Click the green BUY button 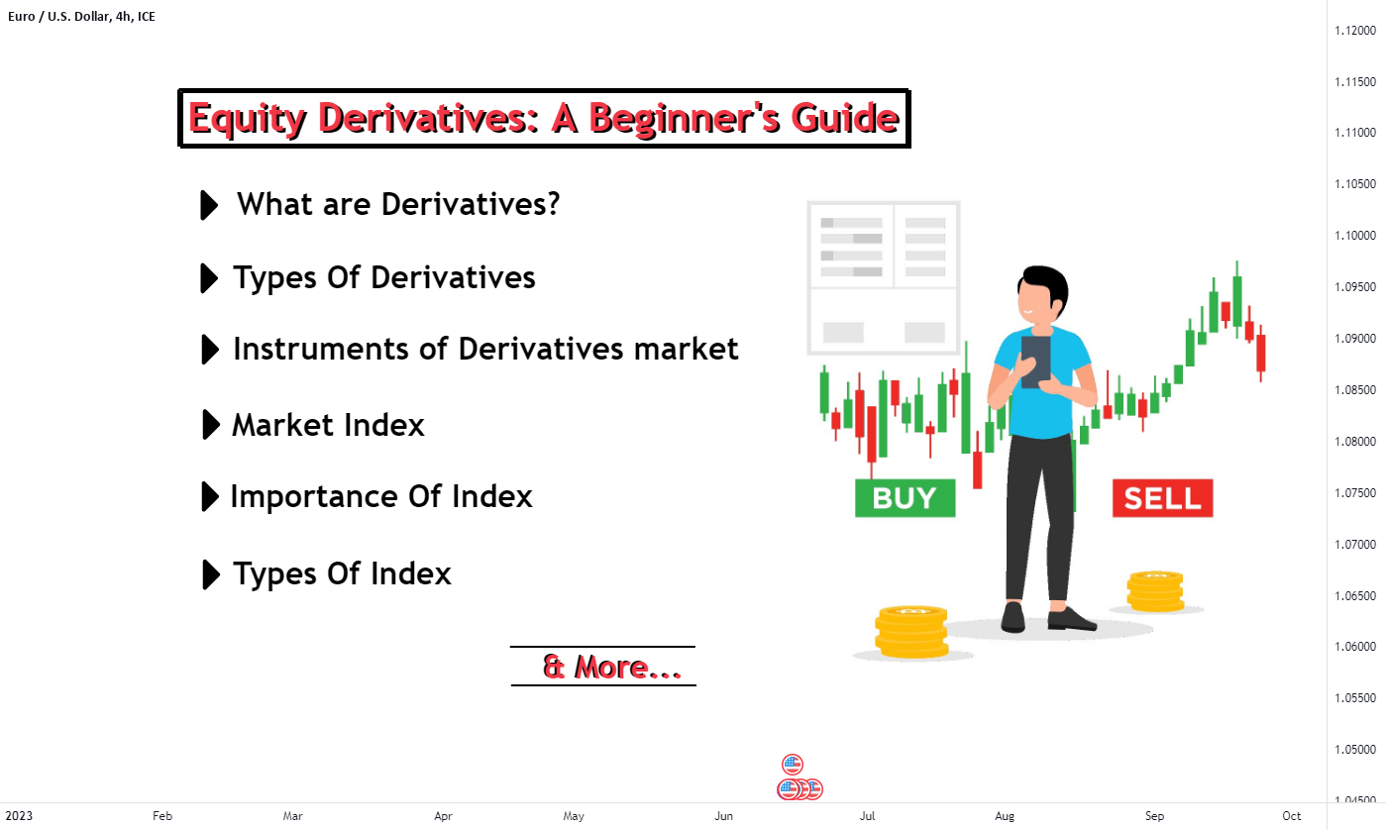point(905,498)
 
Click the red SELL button point(1162,498)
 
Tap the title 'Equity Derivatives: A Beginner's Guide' point(543,119)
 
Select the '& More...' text point(611,667)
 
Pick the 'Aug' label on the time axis point(1005,816)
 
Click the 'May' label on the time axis point(574,816)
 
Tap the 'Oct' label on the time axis point(1291,816)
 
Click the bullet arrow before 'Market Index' point(210,425)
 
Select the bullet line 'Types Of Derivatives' point(383,277)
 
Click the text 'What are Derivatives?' point(398,204)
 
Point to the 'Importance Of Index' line point(380,496)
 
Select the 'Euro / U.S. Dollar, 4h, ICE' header point(80,15)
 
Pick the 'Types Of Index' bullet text point(342,573)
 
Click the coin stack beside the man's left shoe point(910,633)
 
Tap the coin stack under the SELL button point(1155,591)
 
